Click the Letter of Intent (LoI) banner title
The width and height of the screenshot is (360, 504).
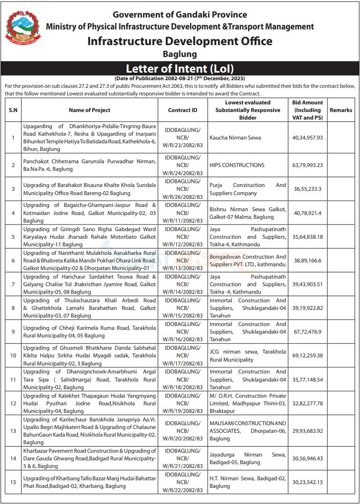pos(180,68)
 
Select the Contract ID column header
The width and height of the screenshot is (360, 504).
pos(183,110)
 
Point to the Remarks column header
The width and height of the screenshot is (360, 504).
pos(341,110)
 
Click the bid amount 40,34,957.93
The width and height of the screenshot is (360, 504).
pos(308,138)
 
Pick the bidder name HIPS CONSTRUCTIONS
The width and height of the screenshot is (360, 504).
pos(237,165)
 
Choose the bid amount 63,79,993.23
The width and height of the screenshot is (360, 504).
pos(308,165)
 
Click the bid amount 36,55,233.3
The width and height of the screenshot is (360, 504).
pos(308,189)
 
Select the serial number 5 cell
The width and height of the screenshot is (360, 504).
pos(13,236)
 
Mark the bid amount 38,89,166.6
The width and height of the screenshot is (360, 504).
pos(308,260)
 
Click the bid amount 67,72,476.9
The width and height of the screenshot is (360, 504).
pos(308,332)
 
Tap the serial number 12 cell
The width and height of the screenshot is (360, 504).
pos(13,403)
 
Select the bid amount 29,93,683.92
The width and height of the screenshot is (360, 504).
pos(308,431)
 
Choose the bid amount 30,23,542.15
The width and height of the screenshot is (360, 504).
pos(308,482)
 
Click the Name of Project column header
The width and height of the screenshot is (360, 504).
pos(89,110)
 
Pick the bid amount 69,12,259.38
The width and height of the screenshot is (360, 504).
pos(308,355)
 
